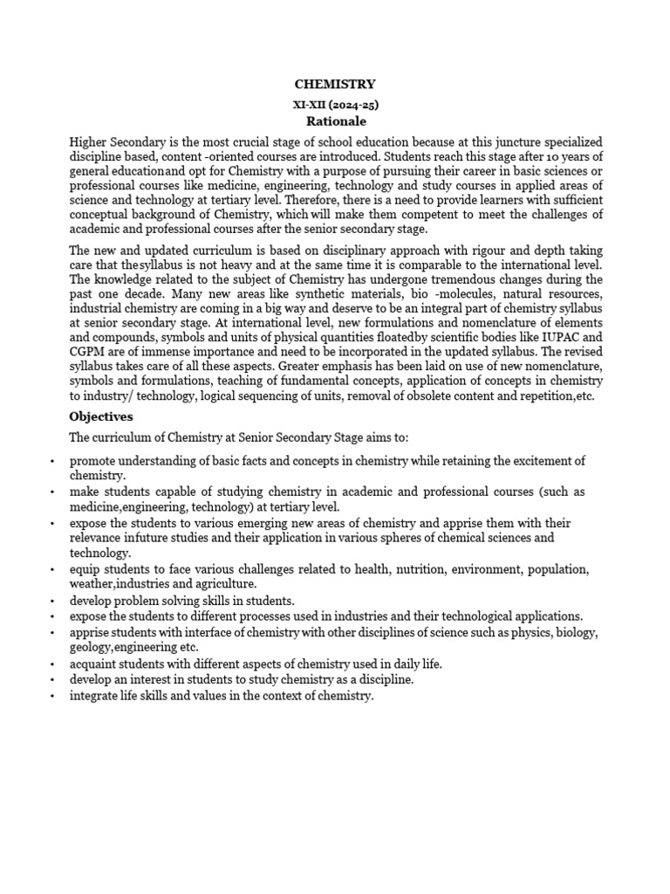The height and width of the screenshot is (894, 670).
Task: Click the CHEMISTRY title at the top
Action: [335, 85]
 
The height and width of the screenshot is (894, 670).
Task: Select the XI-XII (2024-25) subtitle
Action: [335, 104]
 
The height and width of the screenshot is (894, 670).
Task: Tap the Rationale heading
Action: [336, 121]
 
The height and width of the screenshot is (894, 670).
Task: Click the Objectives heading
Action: [101, 416]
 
